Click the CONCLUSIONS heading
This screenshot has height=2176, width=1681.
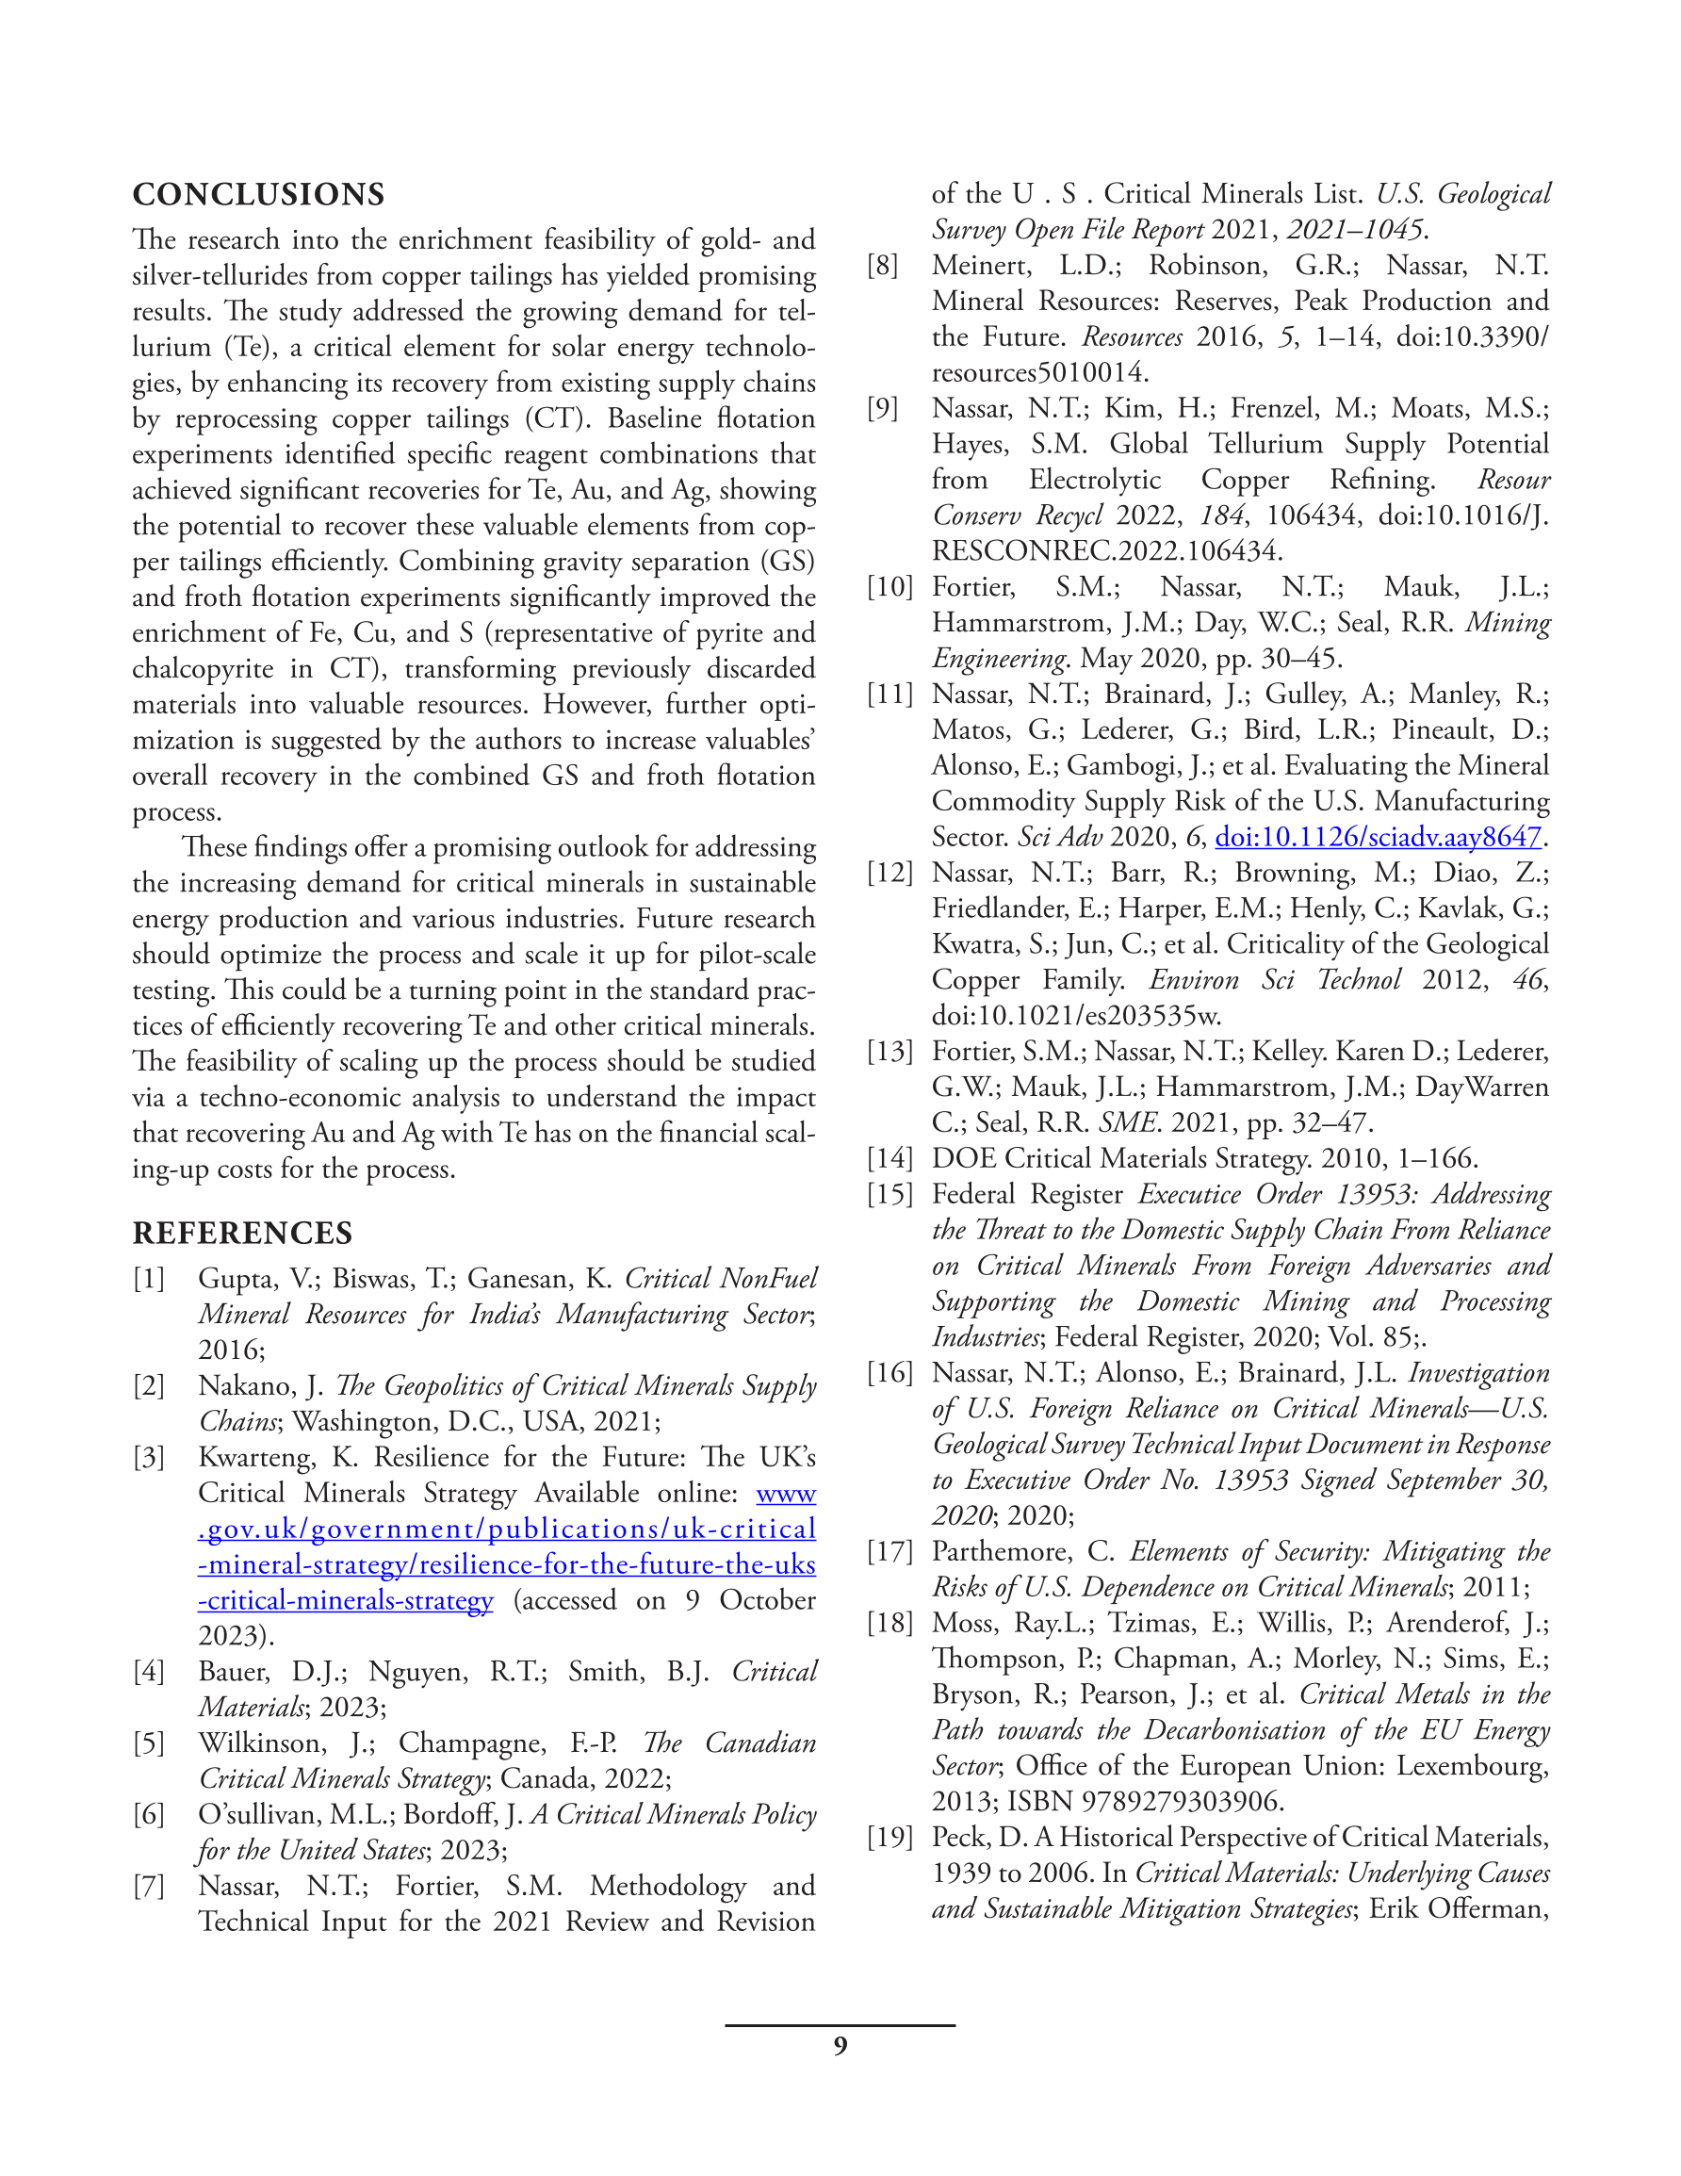click(x=258, y=194)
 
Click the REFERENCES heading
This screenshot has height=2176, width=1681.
click(x=242, y=1233)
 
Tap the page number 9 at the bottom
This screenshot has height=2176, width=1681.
click(x=840, y=2047)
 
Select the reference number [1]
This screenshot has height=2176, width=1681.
click(x=150, y=1278)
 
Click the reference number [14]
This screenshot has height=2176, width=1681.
click(x=889, y=1158)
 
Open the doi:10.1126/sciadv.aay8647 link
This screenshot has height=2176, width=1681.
click(x=1377, y=837)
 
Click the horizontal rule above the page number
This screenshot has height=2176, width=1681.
click(x=840, y=2024)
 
